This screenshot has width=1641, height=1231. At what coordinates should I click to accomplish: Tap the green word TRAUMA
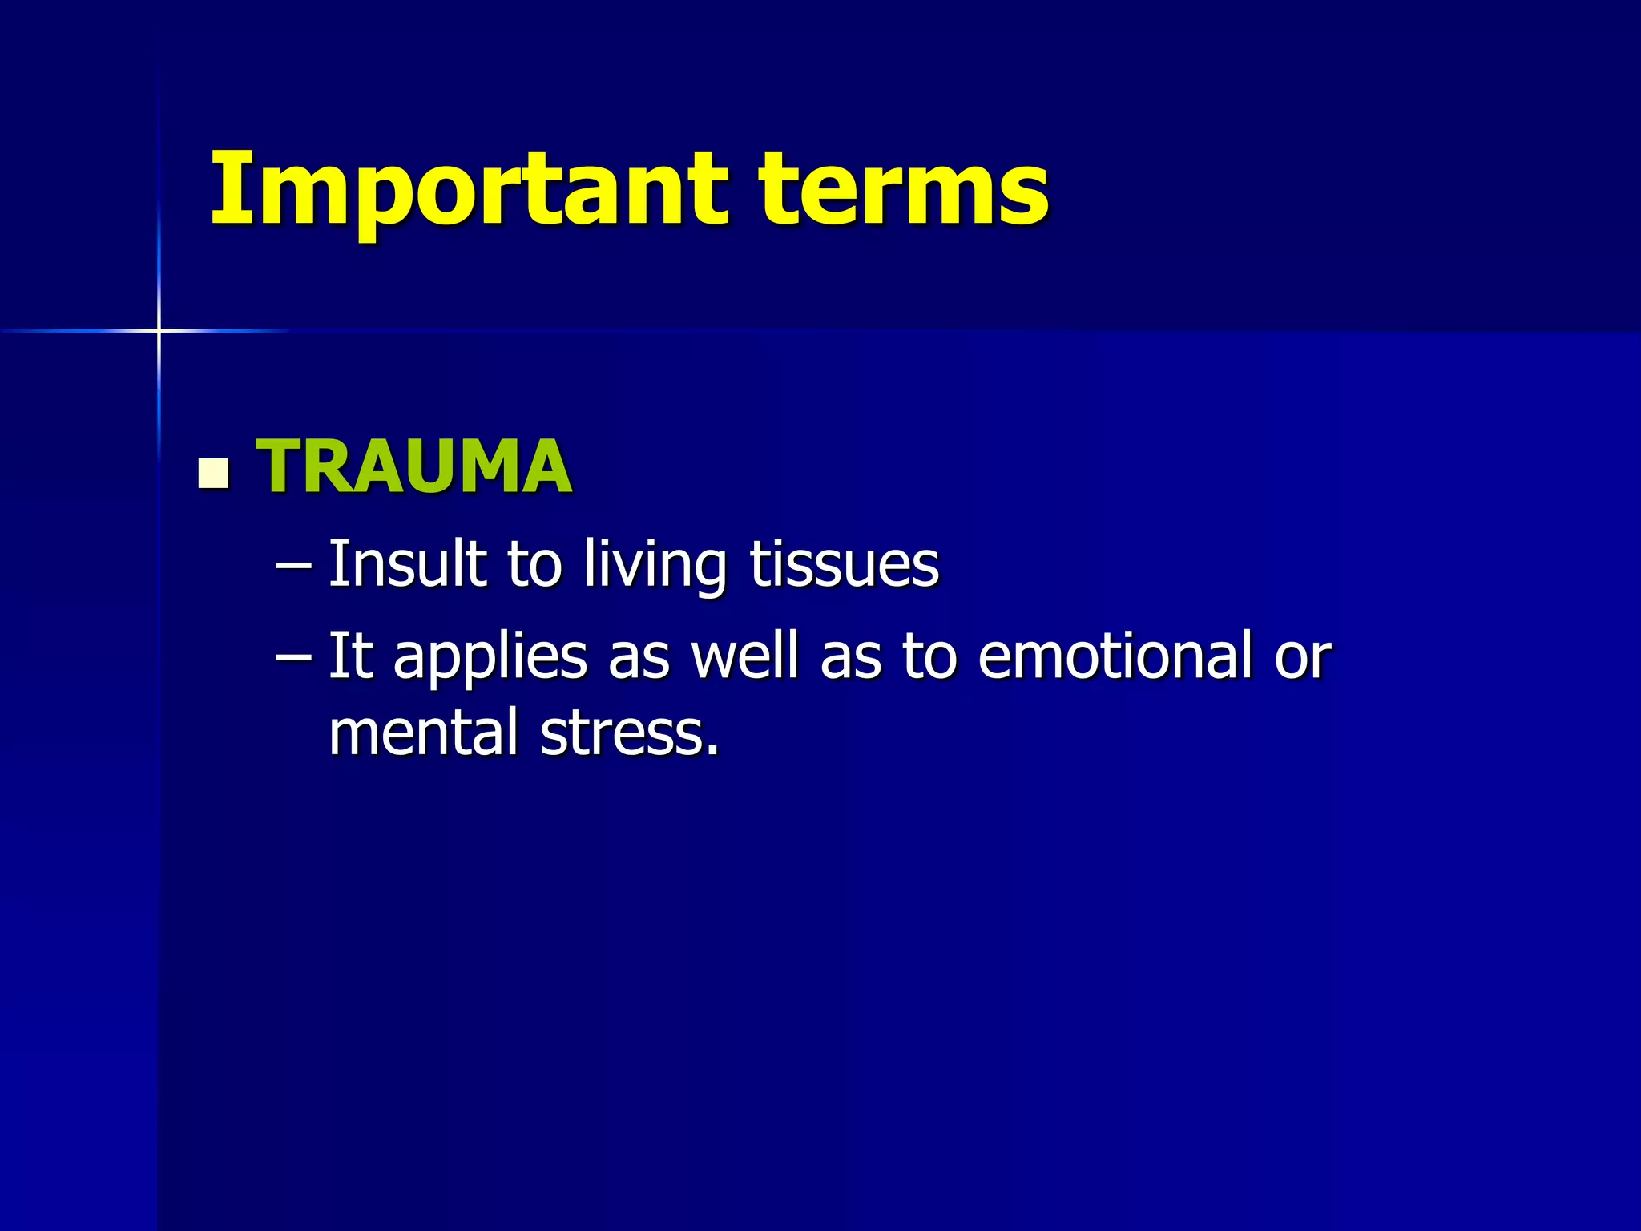413,466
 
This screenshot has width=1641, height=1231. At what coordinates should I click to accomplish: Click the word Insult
408,564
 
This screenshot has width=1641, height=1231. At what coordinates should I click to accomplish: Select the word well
745,656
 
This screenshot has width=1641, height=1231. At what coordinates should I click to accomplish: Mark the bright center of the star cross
159,330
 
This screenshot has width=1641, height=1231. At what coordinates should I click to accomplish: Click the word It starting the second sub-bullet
350,656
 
